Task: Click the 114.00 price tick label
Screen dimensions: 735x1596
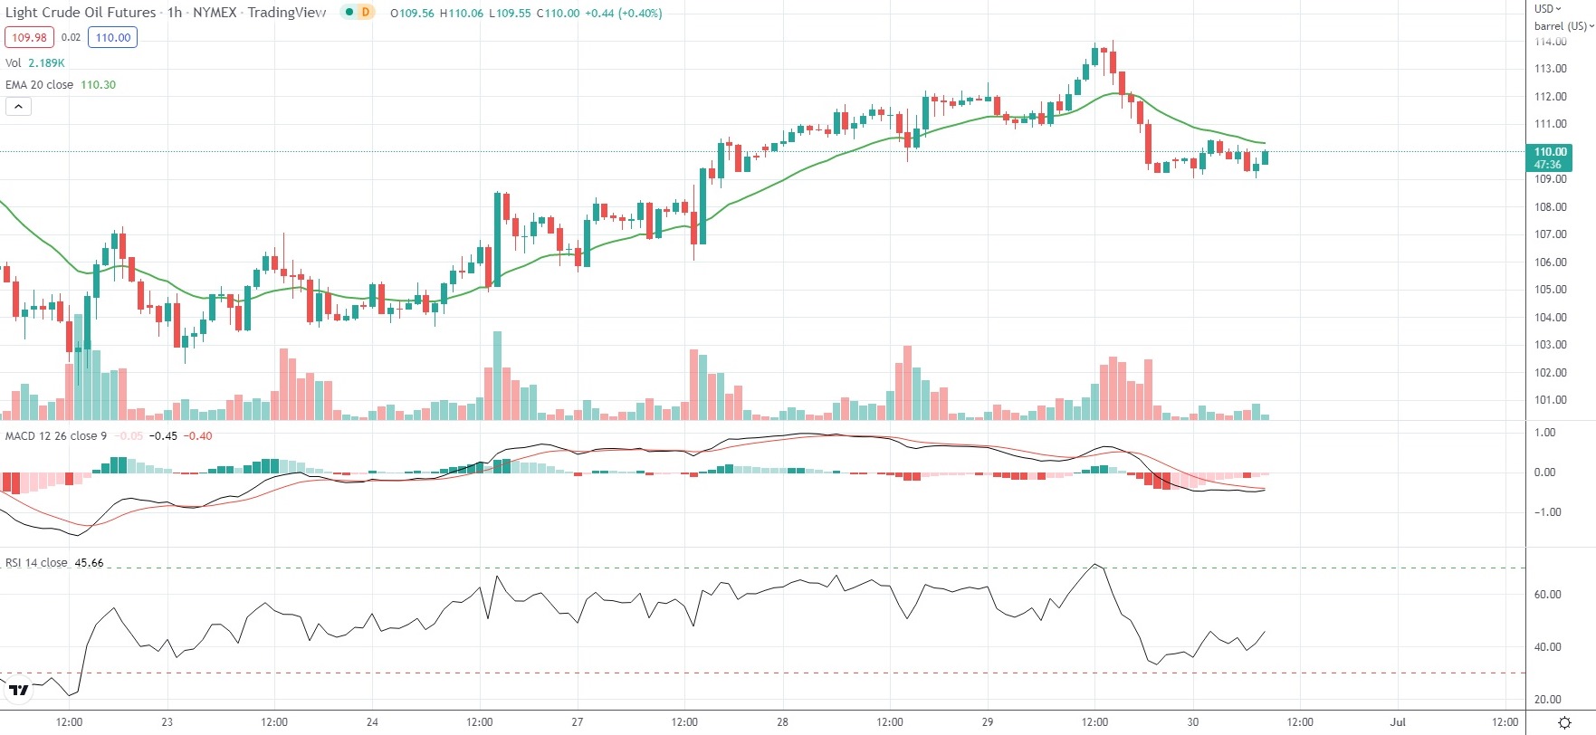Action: pos(1550,42)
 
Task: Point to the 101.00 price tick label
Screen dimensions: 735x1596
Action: pos(1550,400)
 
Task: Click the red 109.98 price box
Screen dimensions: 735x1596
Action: pos(30,37)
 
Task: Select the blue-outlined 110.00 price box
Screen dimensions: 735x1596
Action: pos(113,37)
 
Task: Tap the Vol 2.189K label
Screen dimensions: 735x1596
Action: pos(34,63)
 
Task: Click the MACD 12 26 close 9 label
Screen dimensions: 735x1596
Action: pos(56,436)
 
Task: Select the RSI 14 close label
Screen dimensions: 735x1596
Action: pos(36,563)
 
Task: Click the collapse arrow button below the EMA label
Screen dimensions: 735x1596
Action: pos(18,107)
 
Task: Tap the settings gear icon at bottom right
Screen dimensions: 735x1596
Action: pos(1564,722)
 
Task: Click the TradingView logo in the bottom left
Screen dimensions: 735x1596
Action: pos(18,691)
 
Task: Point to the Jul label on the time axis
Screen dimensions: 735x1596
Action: pos(1398,722)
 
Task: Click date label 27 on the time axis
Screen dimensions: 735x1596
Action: pos(578,722)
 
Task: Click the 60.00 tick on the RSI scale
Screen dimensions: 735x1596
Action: pos(1547,595)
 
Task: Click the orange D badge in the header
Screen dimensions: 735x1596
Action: pos(366,13)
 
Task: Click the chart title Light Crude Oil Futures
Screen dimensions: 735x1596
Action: pos(81,13)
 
